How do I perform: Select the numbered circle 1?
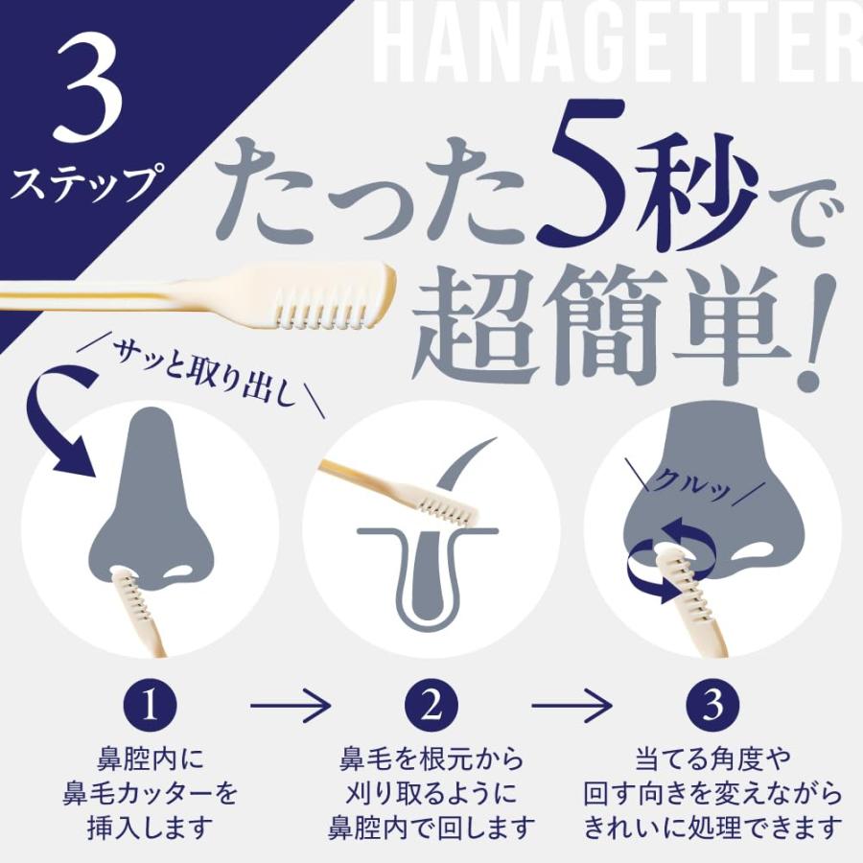coord(150,708)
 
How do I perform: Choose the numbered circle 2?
coord(431,708)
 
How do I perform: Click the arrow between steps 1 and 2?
coord(291,708)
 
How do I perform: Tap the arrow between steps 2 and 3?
coord(572,708)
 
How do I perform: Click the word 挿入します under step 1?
coord(150,825)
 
